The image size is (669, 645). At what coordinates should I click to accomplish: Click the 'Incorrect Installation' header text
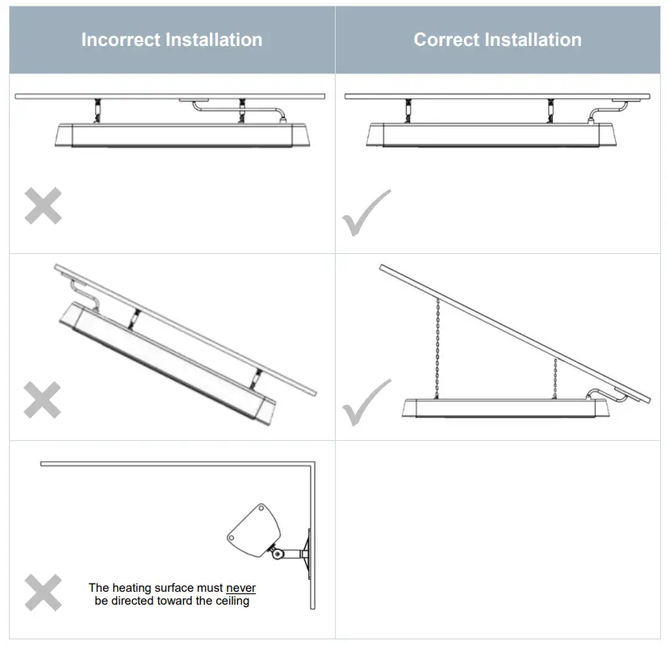tap(171, 40)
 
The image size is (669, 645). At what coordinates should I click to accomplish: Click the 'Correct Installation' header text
tap(497, 40)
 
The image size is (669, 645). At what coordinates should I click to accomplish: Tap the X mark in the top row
tap(43, 206)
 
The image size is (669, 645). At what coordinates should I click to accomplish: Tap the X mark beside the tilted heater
tap(43, 400)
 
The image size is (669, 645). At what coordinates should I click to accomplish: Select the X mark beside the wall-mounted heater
tap(43, 593)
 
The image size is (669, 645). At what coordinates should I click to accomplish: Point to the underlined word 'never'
tap(240, 588)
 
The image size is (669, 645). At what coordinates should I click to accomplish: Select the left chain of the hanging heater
tap(437, 347)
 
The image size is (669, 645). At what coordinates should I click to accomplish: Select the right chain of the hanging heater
tap(555, 377)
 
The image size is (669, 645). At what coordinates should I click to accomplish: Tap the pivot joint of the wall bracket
tap(277, 553)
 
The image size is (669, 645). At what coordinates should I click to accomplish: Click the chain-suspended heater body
tap(504, 409)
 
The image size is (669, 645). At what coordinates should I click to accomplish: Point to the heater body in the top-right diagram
tap(492, 135)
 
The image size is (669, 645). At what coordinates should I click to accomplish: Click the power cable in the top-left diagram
tap(242, 106)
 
